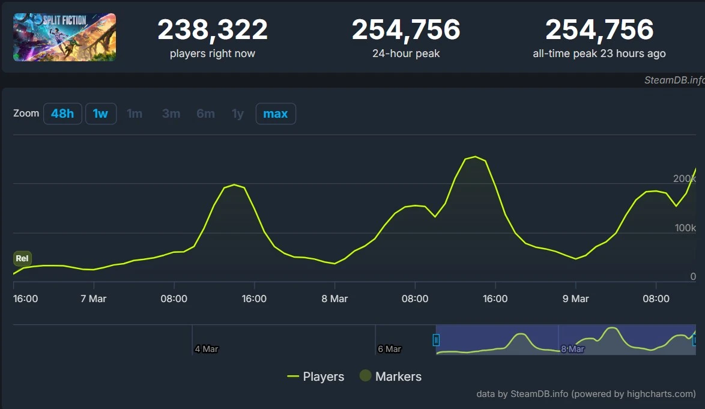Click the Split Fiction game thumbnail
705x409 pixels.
point(64,37)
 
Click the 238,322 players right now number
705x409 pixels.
point(213,30)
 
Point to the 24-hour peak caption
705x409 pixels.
point(406,53)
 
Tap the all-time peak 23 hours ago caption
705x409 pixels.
point(599,53)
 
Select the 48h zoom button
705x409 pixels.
point(62,114)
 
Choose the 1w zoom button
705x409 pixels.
point(100,114)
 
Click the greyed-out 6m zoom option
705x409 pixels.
point(205,114)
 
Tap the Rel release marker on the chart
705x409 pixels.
point(22,259)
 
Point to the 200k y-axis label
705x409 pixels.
point(684,178)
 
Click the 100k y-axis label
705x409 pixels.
point(684,228)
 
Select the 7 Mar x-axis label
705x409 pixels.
point(93,298)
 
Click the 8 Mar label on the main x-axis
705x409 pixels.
point(334,298)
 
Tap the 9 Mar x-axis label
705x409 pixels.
point(575,298)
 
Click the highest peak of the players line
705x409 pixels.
point(474,157)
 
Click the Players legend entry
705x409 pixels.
point(316,377)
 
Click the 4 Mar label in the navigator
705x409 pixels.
point(206,349)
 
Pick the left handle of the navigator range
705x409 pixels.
point(437,340)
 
